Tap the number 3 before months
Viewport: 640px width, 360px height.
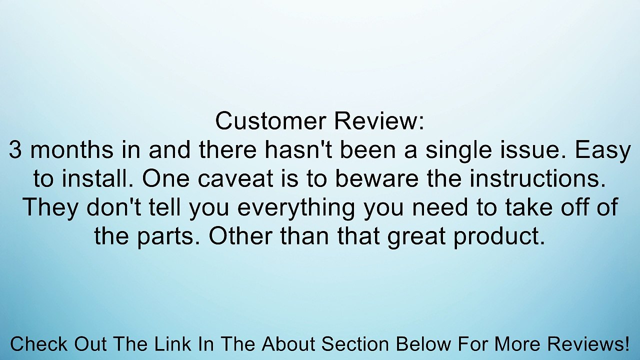pyautogui.click(x=15, y=150)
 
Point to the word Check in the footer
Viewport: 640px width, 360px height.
pyautogui.click(x=39, y=344)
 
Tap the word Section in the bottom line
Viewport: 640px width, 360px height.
pyautogui.click(x=354, y=344)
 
